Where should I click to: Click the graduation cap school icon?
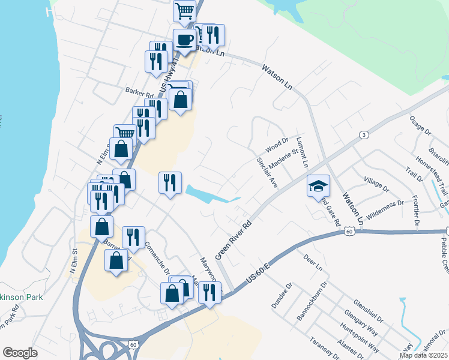318,186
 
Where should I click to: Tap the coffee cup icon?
184,40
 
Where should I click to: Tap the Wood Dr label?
277,146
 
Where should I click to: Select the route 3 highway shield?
364,136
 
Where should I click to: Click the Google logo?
20,353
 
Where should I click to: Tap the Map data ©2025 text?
423,355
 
